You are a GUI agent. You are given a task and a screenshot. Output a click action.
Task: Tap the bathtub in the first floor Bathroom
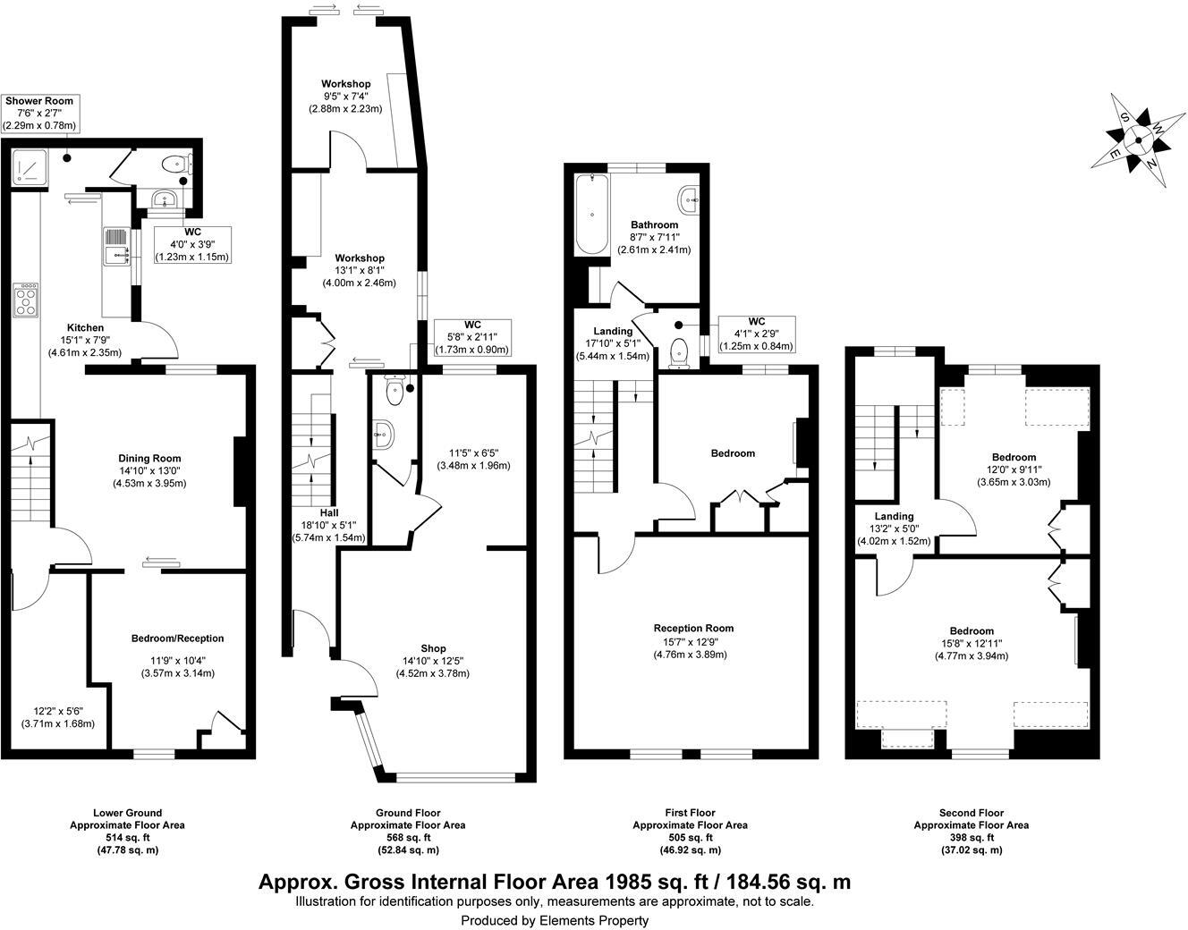point(592,213)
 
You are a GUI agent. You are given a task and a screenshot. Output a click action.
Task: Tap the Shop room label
point(433,648)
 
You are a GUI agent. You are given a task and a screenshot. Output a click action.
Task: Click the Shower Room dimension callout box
point(39,114)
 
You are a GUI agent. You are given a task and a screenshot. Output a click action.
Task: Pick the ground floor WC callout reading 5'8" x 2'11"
point(472,337)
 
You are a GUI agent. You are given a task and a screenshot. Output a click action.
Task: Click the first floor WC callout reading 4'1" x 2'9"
point(756,334)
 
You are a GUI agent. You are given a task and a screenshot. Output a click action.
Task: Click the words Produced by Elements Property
point(555,920)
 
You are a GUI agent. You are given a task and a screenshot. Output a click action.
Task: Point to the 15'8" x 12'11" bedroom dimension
point(972,643)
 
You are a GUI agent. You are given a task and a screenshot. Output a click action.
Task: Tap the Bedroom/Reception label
point(177,638)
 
